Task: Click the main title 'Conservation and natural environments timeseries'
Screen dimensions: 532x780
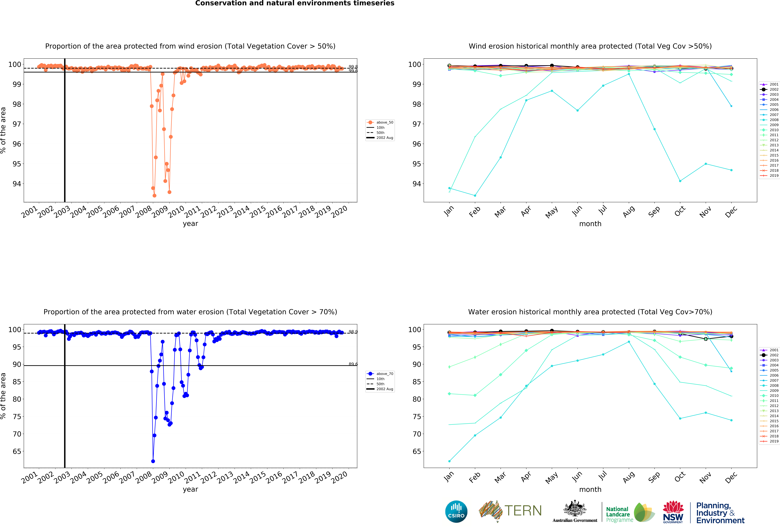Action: pyautogui.click(x=295, y=3)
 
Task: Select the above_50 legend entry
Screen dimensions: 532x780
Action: pyautogui.click(x=380, y=122)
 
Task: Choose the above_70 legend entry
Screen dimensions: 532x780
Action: pyautogui.click(x=380, y=373)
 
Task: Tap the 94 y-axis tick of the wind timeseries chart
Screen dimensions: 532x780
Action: pyautogui.click(x=17, y=184)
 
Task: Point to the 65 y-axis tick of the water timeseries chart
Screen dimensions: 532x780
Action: pyautogui.click(x=17, y=451)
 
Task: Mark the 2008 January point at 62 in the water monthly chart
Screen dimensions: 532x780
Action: pyautogui.click(x=449, y=461)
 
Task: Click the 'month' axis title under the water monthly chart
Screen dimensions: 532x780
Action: pyautogui.click(x=590, y=489)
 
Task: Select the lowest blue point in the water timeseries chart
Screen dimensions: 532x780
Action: pyautogui.click(x=153, y=461)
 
